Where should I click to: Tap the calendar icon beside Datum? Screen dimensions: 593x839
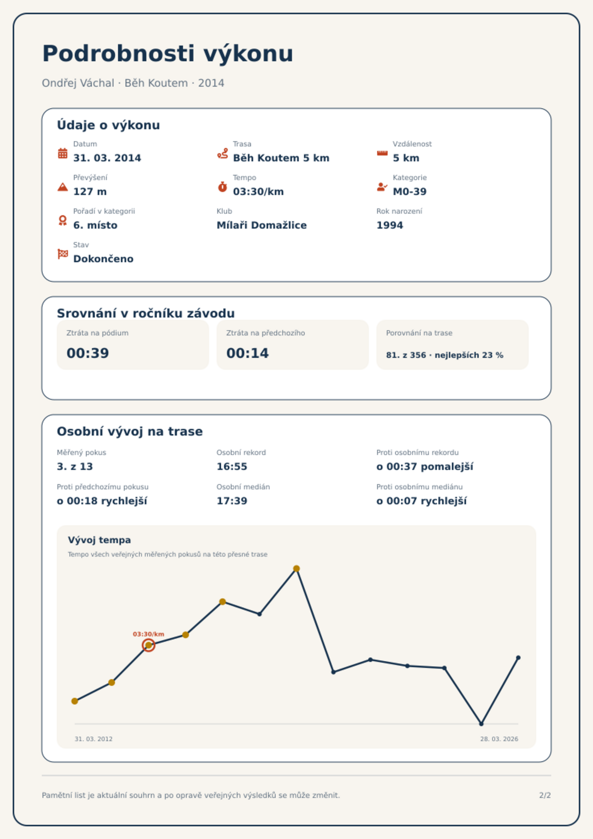(x=63, y=153)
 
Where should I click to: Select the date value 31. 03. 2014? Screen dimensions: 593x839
(x=107, y=158)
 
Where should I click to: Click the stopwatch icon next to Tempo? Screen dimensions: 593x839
(x=222, y=187)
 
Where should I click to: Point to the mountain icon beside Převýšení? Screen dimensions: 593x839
(x=63, y=187)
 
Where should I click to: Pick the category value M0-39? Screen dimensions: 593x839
(x=409, y=192)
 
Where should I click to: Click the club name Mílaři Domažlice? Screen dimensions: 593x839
(x=261, y=225)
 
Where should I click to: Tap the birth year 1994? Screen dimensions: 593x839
(x=389, y=225)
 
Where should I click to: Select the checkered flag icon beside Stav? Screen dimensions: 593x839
(x=63, y=254)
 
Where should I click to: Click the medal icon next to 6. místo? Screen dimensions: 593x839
(x=63, y=220)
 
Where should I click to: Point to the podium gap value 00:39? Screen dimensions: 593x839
(x=88, y=353)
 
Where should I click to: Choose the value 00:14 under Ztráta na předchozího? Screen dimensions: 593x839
(x=247, y=353)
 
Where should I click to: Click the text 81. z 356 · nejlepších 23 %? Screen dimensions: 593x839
(x=444, y=355)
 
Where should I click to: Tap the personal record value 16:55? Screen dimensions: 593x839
(x=232, y=467)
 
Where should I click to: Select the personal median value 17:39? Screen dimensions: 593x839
(x=232, y=501)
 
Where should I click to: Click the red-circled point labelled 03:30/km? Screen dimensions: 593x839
(x=149, y=645)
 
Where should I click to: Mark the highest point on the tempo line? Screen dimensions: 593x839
(x=296, y=569)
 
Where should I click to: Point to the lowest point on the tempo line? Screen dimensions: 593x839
(x=481, y=724)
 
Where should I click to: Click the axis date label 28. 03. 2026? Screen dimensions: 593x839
(x=499, y=739)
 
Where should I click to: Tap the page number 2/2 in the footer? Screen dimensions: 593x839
(x=545, y=795)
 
